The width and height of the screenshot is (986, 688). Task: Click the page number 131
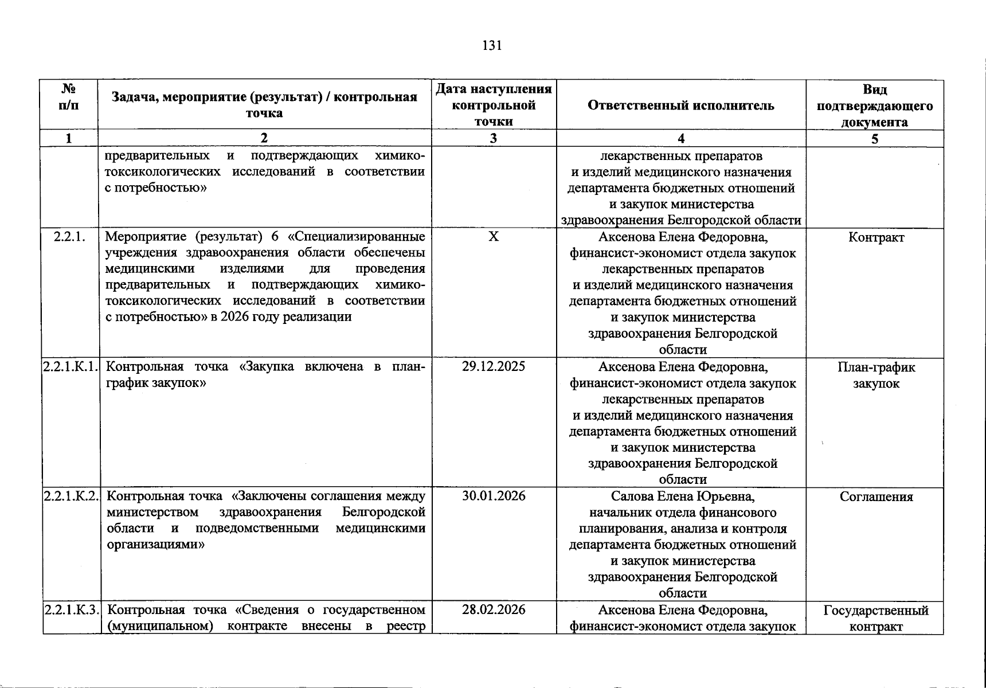coord(492,46)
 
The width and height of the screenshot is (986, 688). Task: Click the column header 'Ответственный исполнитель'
coord(680,105)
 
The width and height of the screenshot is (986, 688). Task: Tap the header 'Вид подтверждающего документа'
coord(874,105)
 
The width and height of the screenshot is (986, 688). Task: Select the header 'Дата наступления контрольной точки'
coord(494,105)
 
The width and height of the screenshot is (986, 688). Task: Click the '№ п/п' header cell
coord(69,97)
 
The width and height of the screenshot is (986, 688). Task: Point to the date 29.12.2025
coord(494,367)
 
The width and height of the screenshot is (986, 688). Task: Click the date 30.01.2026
coord(494,497)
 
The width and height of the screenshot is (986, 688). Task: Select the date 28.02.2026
coord(494,609)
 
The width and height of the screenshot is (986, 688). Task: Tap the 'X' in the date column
coord(494,237)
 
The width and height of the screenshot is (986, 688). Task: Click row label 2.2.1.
coord(69,237)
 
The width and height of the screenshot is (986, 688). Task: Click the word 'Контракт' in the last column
coord(876,237)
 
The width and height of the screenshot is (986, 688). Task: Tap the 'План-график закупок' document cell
coord(876,376)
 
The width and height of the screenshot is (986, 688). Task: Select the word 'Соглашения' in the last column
coord(876,497)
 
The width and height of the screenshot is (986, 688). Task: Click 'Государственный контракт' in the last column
coord(876,618)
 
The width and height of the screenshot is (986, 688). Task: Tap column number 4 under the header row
coord(680,138)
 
